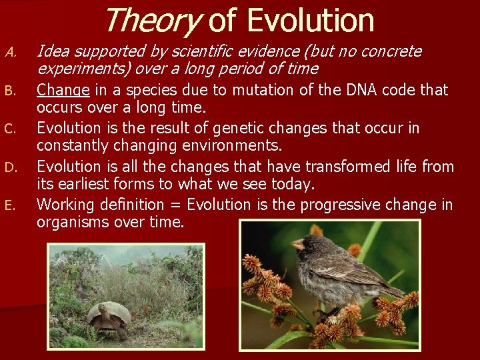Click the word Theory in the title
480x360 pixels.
pos(153,20)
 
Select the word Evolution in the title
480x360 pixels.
pos(310,20)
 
